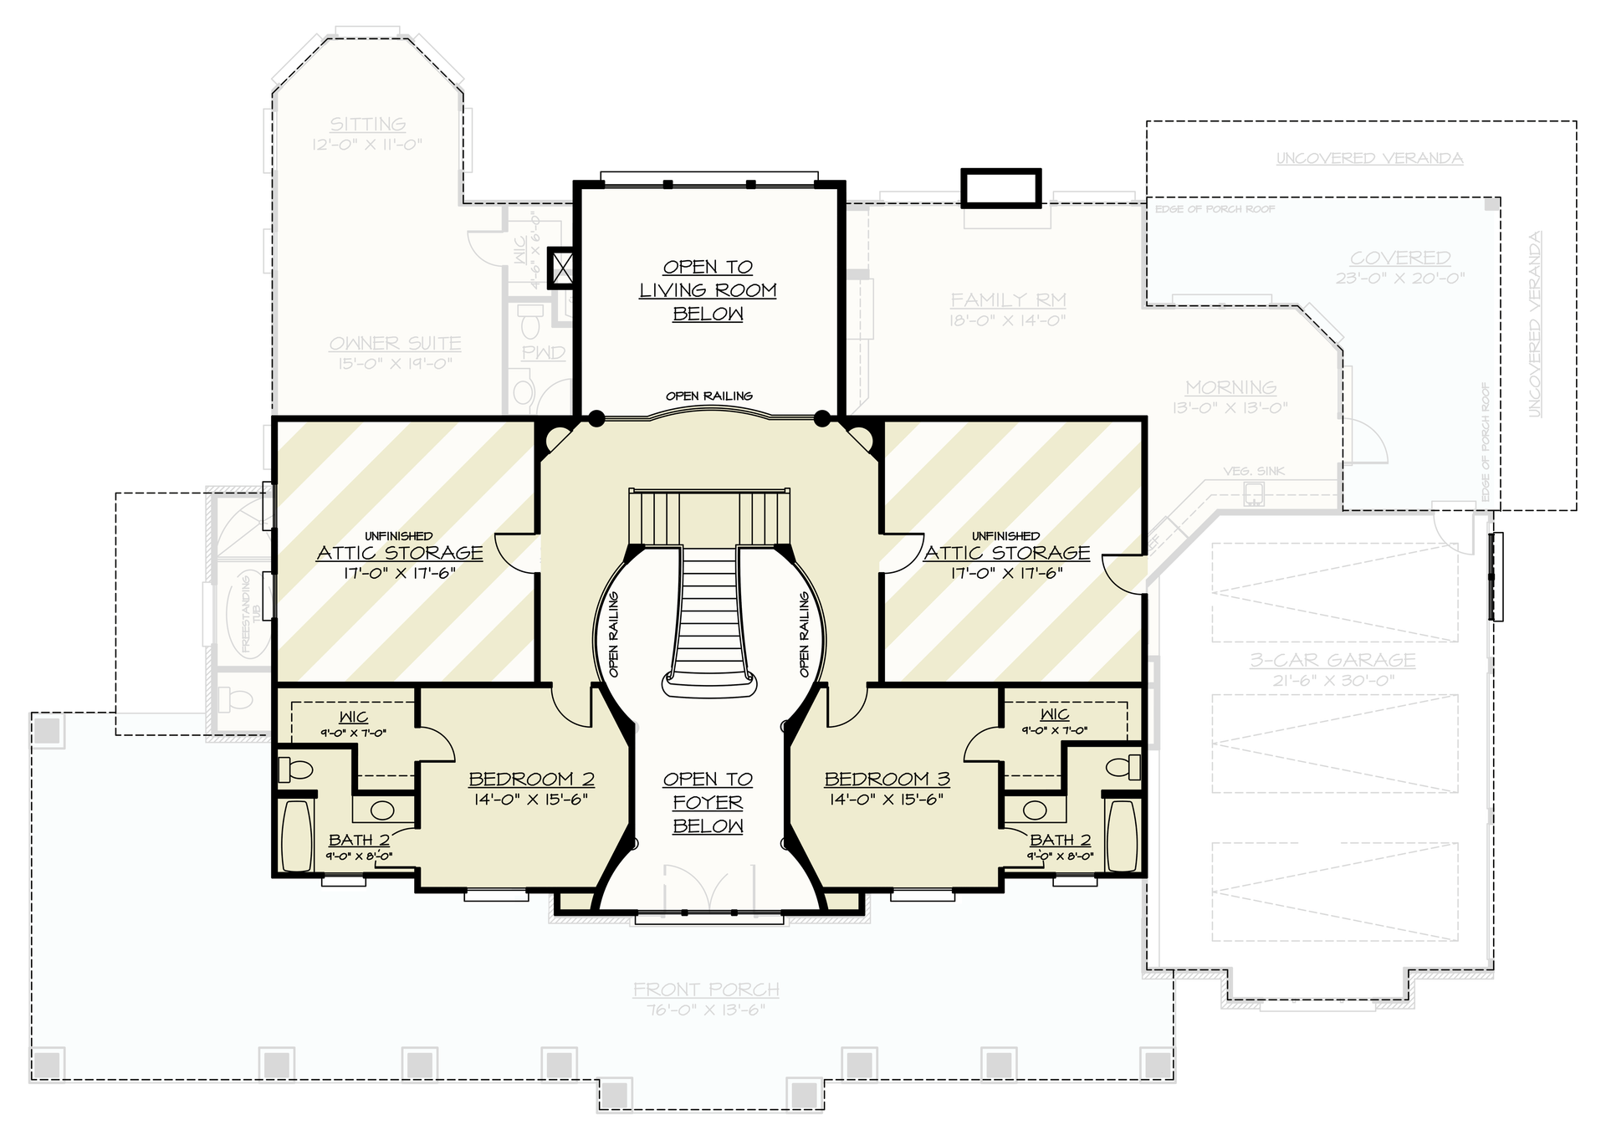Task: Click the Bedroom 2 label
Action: [x=531, y=779]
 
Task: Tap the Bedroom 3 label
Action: [x=887, y=779]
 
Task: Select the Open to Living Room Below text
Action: [x=708, y=290]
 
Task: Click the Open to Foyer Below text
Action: [x=708, y=802]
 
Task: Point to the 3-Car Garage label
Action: [x=1332, y=660]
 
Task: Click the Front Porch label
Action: [x=706, y=989]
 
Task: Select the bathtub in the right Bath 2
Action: [x=1122, y=835]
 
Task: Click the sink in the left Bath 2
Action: [x=382, y=810]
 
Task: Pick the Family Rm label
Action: [x=1008, y=299]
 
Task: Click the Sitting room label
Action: [x=367, y=124]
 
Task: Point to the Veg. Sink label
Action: [x=1253, y=471]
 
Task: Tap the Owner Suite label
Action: [x=395, y=343]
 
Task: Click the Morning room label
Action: [x=1230, y=387]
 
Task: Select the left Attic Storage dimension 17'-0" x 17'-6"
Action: [x=399, y=573]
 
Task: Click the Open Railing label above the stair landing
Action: [x=708, y=396]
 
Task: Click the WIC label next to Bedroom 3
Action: [x=1054, y=714]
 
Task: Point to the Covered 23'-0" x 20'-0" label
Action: [x=1400, y=258]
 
